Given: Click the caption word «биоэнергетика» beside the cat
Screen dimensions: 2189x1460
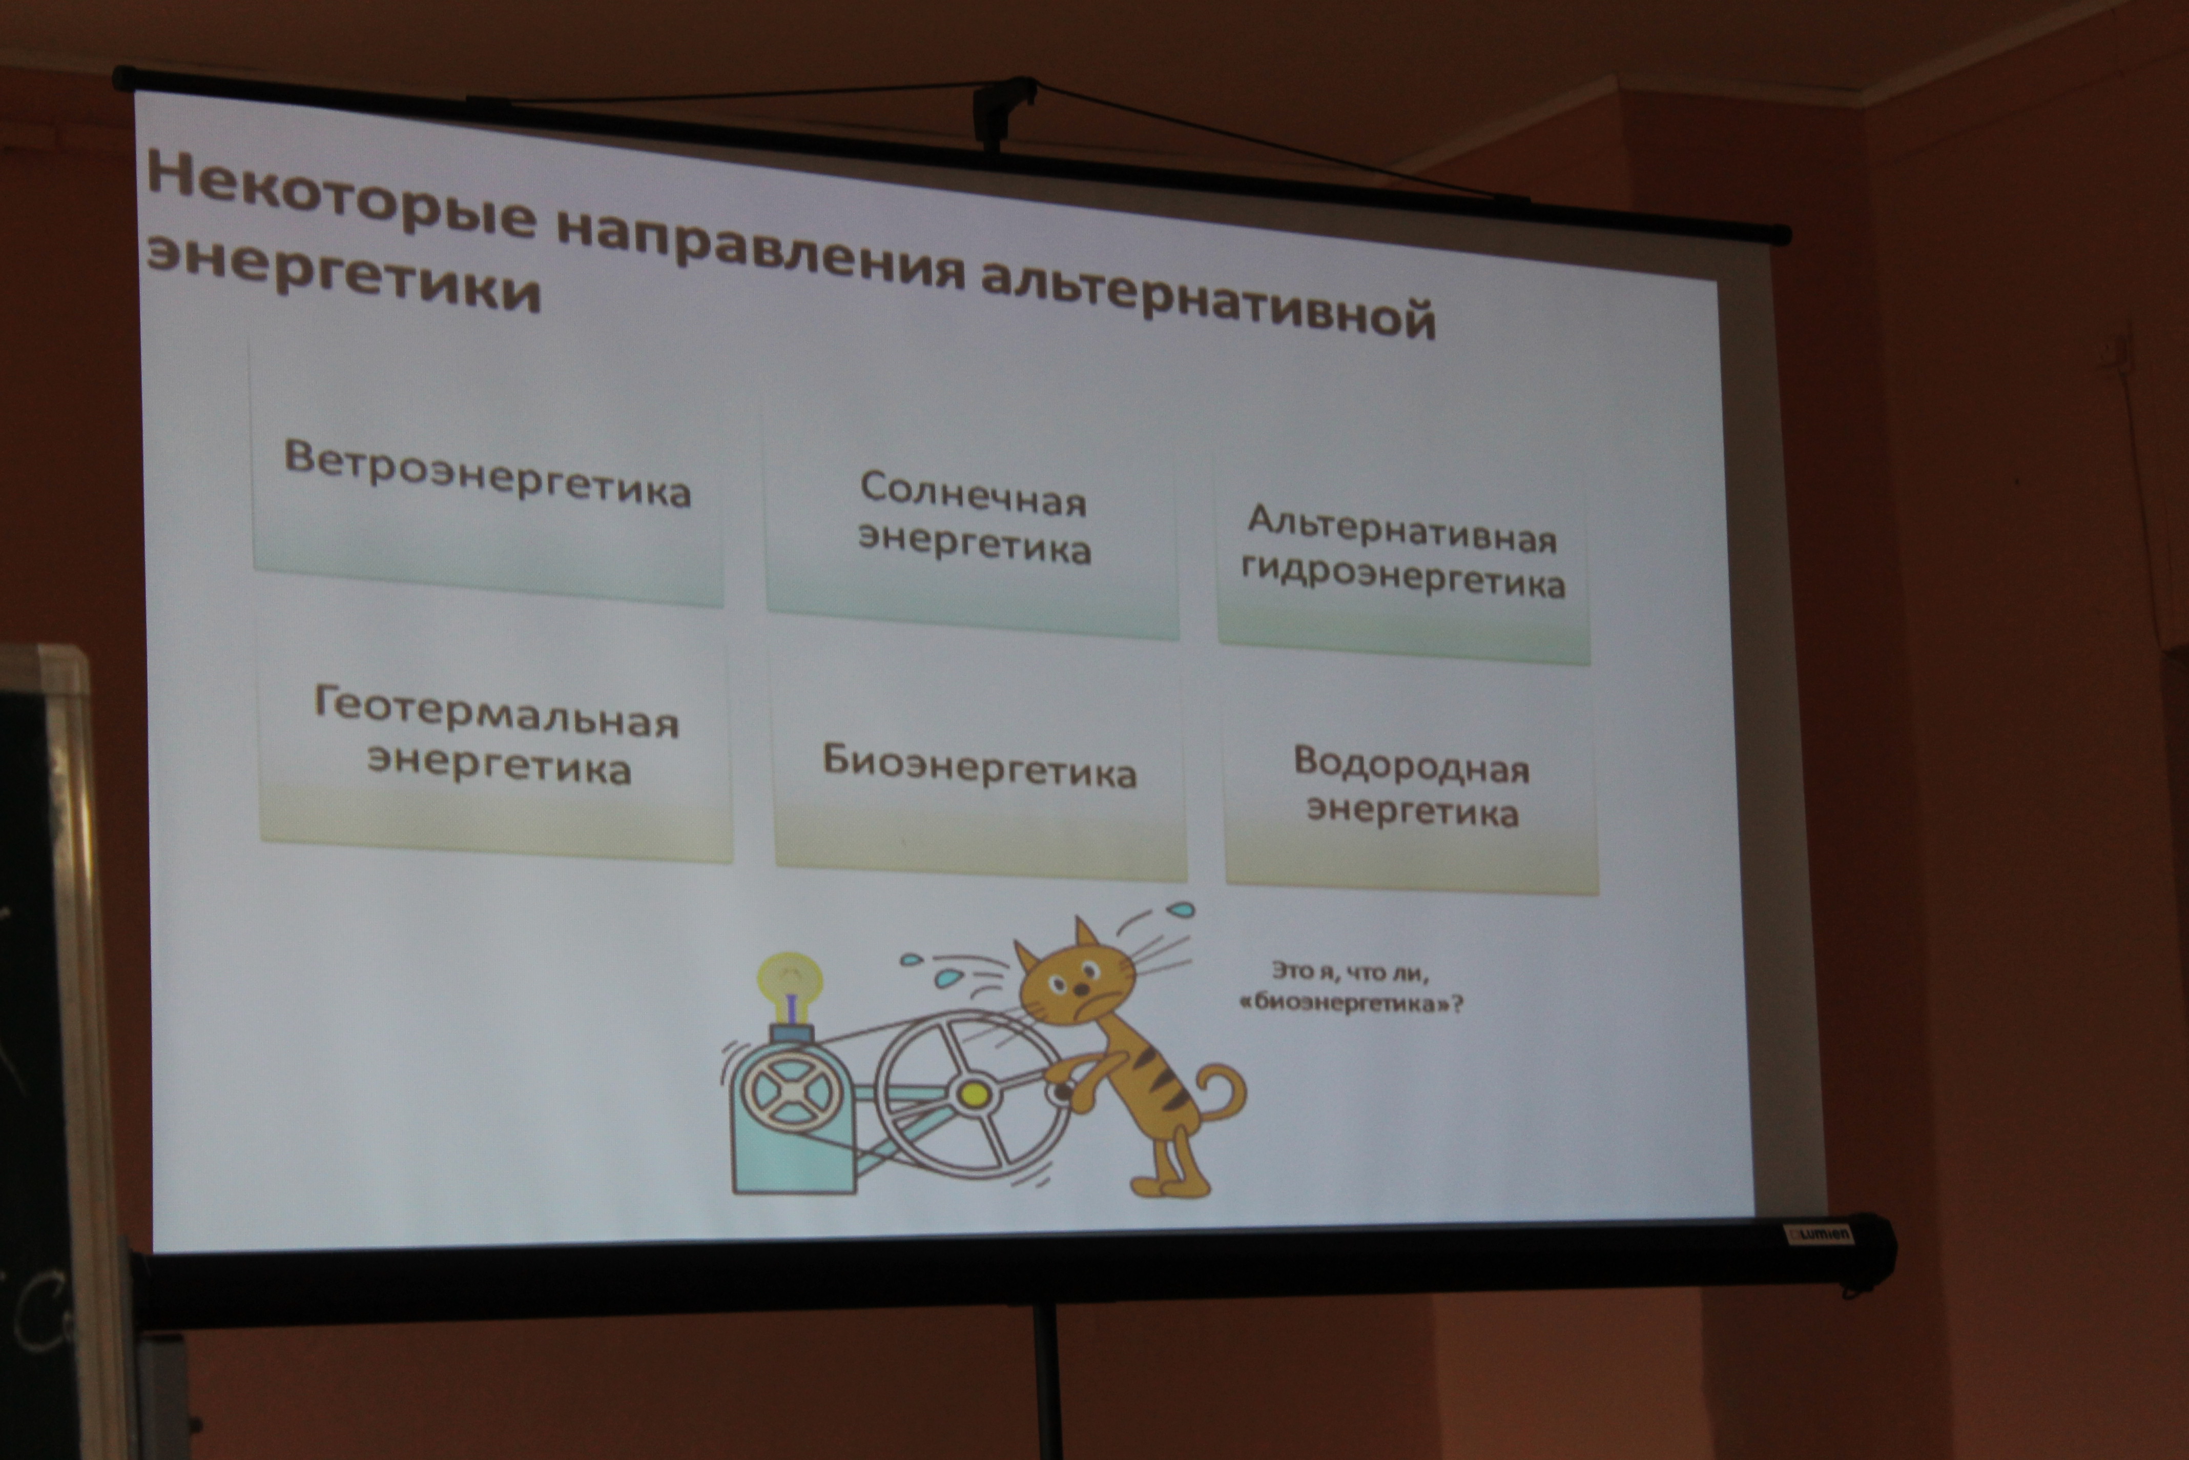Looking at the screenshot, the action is tap(1350, 1004).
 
